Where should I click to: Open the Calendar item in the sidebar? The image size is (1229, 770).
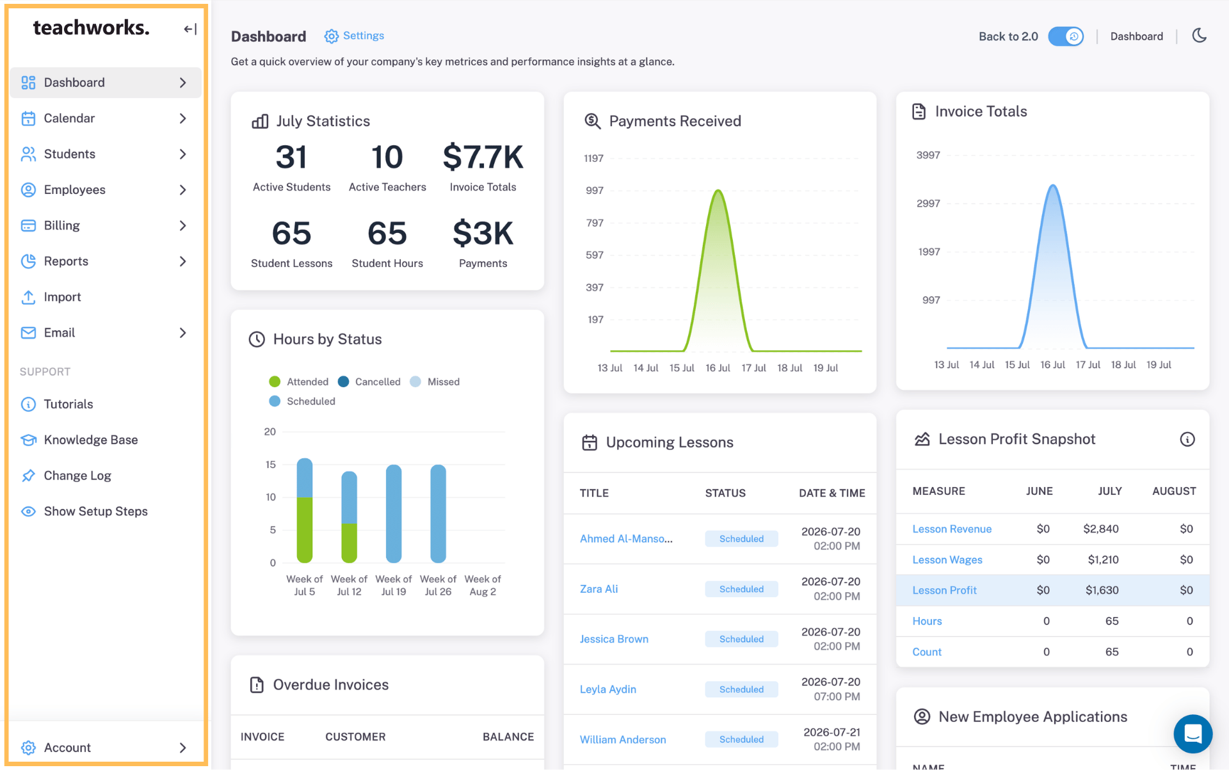[x=69, y=118]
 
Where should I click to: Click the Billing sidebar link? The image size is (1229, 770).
[x=61, y=225]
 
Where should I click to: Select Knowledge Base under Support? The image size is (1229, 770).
[x=91, y=440]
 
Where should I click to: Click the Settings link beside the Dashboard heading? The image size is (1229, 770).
[x=354, y=36]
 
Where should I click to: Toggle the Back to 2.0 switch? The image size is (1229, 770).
[x=1066, y=36]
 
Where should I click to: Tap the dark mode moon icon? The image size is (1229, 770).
[x=1200, y=36]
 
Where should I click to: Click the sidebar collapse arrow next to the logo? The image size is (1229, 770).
[x=190, y=29]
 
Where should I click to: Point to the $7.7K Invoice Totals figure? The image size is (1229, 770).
[x=483, y=157]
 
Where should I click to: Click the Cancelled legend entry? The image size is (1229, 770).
[x=369, y=381]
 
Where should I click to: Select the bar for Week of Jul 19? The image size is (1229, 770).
[x=394, y=514]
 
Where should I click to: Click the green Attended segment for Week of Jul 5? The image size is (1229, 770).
[x=305, y=530]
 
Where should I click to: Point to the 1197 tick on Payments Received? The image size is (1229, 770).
[x=593, y=158]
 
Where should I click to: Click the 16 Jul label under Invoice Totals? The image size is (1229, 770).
[x=1052, y=365]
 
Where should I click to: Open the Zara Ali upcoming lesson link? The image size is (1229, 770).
[x=599, y=589]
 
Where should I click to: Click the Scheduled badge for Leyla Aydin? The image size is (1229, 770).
[x=741, y=689]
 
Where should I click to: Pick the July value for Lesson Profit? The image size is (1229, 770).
[x=1102, y=590]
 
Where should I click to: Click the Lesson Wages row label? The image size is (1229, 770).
[x=947, y=559]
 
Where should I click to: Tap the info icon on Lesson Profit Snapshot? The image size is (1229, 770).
[x=1187, y=439]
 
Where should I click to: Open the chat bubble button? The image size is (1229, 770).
[x=1193, y=734]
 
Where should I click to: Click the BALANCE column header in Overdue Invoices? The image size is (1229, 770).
[x=508, y=737]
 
